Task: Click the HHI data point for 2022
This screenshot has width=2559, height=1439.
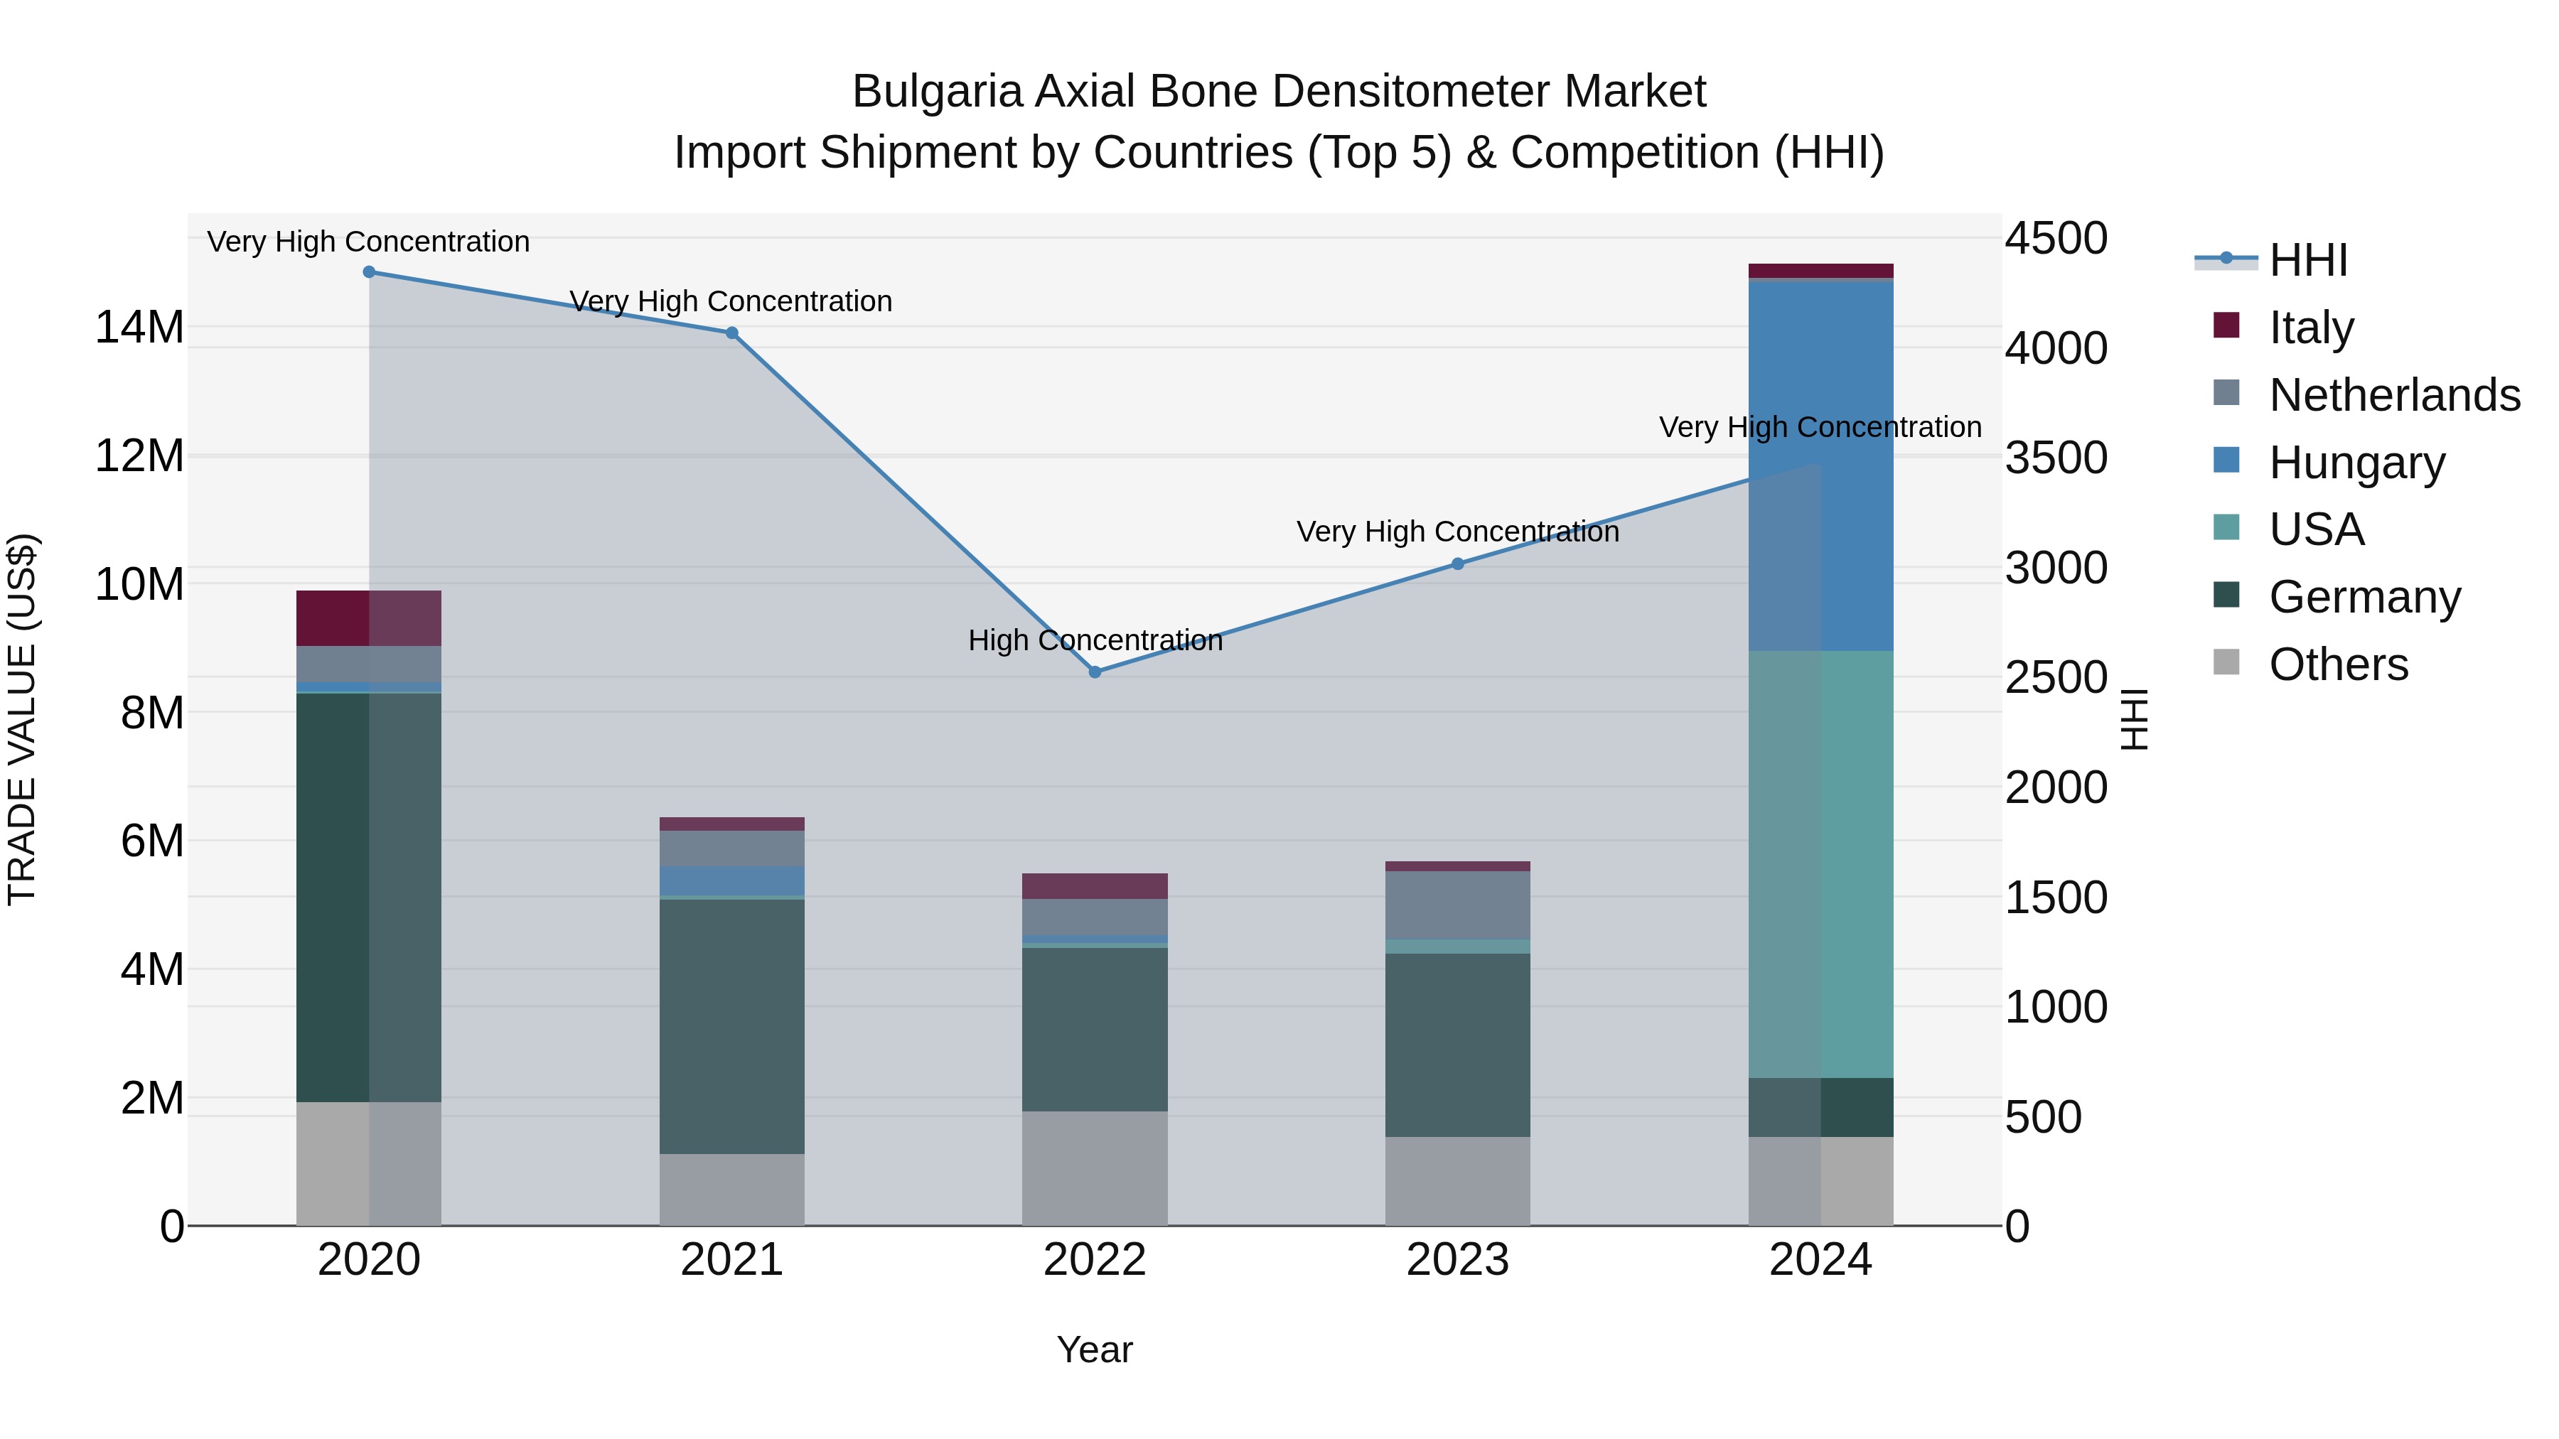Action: coord(1095,672)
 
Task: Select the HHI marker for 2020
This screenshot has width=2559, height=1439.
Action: coord(368,272)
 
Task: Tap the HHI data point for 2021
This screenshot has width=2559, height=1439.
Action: coord(732,334)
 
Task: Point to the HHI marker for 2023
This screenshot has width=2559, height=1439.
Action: coord(1457,564)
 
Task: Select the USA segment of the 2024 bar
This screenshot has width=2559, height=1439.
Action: coord(1821,864)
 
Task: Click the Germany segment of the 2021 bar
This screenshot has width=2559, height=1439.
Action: coord(732,1026)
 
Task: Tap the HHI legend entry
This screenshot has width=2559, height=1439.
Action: coord(2307,260)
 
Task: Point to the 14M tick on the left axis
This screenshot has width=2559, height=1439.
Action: coord(139,328)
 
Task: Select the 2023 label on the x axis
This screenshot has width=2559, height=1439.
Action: coord(1457,1260)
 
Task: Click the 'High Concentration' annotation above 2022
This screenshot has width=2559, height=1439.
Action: coord(1095,640)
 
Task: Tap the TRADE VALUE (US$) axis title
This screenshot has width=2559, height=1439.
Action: coord(22,719)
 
